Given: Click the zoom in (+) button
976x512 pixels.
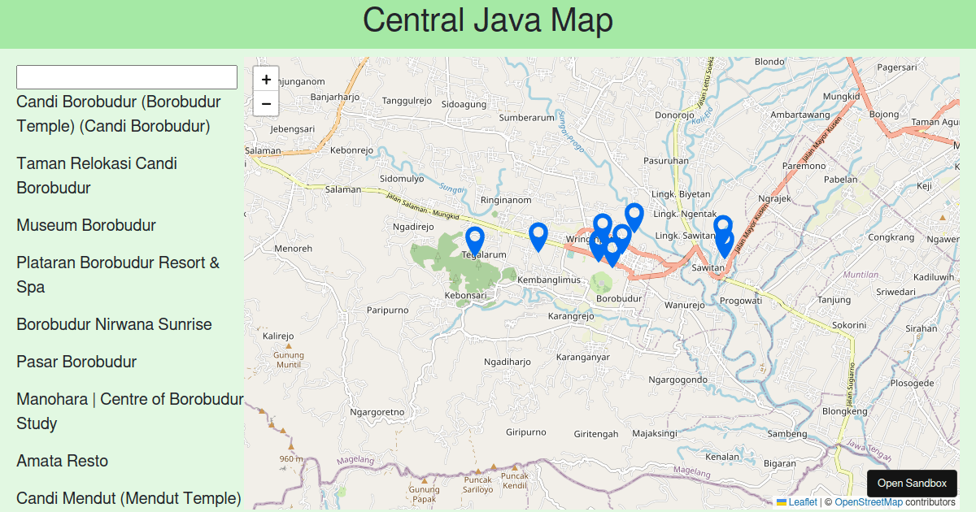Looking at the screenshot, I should click(x=266, y=80).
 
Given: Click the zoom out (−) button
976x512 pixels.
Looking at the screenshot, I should click(x=266, y=104).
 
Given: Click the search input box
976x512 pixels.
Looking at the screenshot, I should click(x=127, y=77).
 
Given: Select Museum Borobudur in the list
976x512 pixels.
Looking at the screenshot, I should click(x=86, y=225).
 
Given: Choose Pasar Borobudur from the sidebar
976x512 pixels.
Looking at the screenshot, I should click(x=76, y=362).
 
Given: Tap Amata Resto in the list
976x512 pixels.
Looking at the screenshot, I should click(x=63, y=461).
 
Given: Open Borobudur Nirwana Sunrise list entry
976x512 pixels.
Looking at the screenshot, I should click(x=114, y=324).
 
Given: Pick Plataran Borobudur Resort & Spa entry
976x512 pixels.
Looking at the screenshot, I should click(x=118, y=275).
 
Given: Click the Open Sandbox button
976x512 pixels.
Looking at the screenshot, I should click(x=912, y=483).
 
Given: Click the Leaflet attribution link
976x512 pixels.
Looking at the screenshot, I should click(x=802, y=502).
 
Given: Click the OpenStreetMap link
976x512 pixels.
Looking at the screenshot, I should click(x=869, y=502).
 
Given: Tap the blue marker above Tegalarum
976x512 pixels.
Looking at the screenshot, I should click(x=475, y=241).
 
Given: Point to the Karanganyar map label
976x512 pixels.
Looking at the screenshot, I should click(x=582, y=357).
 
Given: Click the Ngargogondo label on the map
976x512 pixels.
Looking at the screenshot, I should click(x=678, y=380).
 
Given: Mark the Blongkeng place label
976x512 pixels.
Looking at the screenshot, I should click(x=844, y=411).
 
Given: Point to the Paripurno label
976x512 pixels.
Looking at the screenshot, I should click(x=387, y=310).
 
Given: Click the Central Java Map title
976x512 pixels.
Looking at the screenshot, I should click(x=488, y=21).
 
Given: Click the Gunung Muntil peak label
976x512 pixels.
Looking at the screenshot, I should click(x=289, y=360).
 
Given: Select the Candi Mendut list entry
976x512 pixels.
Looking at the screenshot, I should click(x=129, y=498).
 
